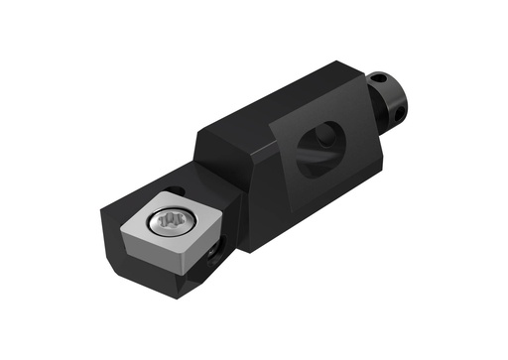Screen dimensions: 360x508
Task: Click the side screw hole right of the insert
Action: [x=213, y=259]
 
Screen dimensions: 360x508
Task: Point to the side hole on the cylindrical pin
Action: [x=400, y=116]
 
